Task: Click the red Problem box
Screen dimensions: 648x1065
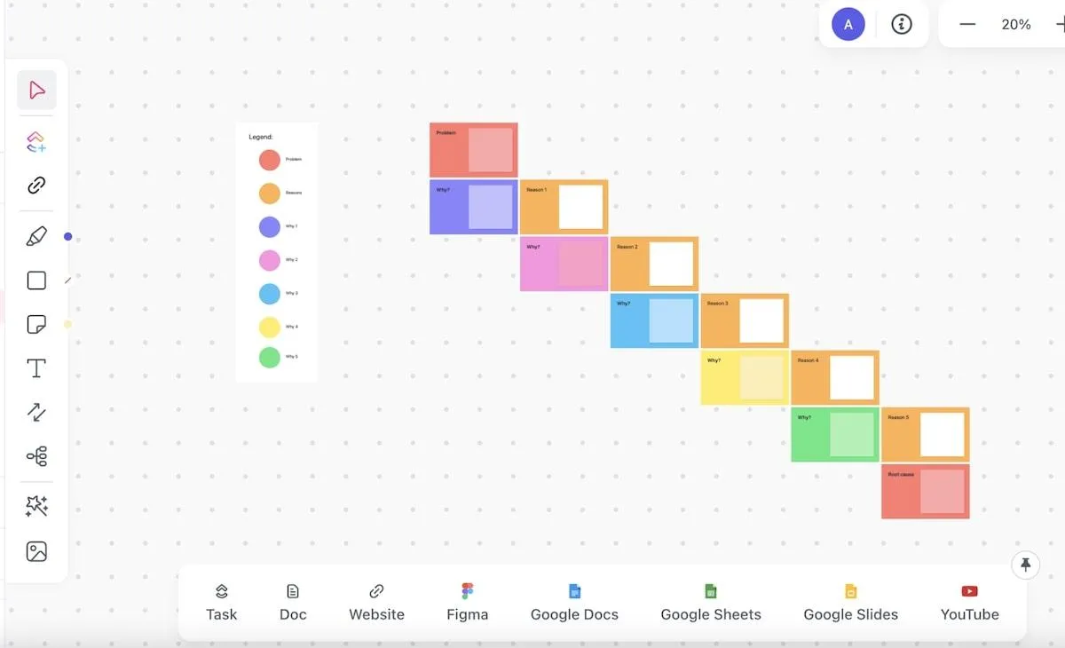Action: [473, 150]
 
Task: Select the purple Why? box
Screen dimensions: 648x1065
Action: [473, 207]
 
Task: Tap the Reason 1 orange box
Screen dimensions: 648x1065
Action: [564, 207]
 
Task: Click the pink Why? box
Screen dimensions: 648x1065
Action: [564, 264]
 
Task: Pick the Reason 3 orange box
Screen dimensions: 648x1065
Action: [744, 320]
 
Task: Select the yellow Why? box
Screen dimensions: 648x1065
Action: [745, 377]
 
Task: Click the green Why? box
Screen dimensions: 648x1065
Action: [835, 434]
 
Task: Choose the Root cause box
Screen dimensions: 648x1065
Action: [925, 491]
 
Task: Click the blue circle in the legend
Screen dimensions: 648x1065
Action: [270, 294]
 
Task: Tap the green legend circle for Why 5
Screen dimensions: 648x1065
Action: [270, 357]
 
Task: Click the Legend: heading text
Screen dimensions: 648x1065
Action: [261, 138]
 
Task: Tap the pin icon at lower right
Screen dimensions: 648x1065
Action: [1025, 565]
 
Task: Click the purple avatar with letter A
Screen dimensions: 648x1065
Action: [848, 25]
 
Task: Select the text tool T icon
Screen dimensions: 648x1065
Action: [36, 368]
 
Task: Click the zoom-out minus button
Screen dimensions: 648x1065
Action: [967, 25]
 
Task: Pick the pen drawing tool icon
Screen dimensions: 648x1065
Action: [36, 236]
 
